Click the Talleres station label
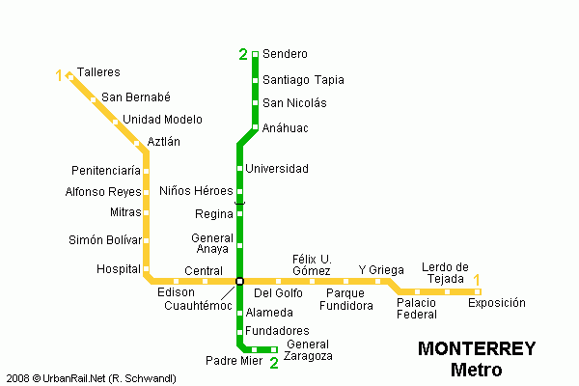(98, 72)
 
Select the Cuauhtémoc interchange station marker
(239, 281)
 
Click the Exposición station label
(497, 303)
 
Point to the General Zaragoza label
(309, 350)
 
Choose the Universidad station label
(277, 169)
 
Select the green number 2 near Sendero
(243, 54)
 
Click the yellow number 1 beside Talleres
(60, 75)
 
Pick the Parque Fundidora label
(348, 299)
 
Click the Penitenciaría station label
(106, 171)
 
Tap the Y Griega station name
(381, 269)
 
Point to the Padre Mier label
(234, 361)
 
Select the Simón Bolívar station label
(105, 239)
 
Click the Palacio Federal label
(417, 308)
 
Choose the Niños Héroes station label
(196, 190)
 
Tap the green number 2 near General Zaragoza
(274, 363)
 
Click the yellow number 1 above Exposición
(476, 279)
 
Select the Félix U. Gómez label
(312, 264)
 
